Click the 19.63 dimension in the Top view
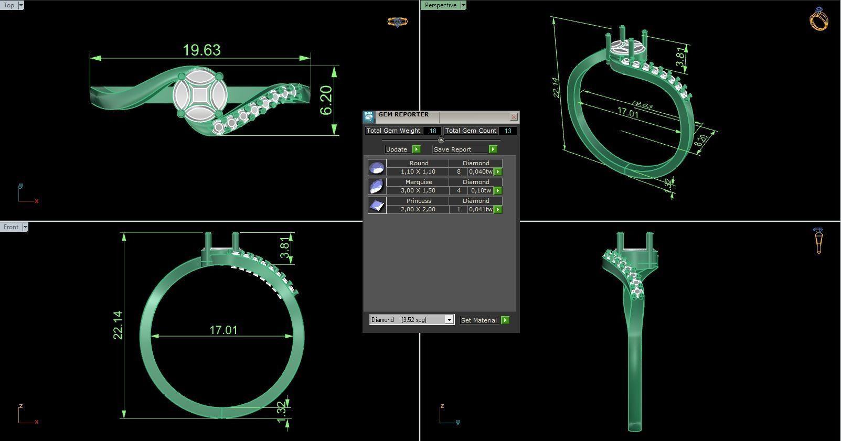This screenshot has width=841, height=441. click(x=201, y=50)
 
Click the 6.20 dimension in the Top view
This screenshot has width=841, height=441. click(x=326, y=100)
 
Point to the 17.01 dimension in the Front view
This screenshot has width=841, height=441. click(x=223, y=330)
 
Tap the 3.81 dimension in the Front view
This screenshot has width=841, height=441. click(x=285, y=248)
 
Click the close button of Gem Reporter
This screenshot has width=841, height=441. click(x=514, y=116)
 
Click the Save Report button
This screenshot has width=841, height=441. click(x=464, y=149)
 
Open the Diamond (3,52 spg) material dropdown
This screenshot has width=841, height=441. click(x=449, y=320)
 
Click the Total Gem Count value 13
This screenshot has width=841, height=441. click(x=507, y=131)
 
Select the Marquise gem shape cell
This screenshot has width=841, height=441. click(x=418, y=182)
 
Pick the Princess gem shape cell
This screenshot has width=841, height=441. click(x=418, y=201)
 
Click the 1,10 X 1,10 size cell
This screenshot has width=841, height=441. click(x=418, y=171)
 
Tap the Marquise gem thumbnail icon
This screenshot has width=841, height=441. click(x=377, y=186)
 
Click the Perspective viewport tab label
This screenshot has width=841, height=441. click(x=441, y=5)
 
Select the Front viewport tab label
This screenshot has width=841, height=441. click(x=11, y=227)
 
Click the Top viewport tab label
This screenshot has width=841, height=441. click(x=9, y=5)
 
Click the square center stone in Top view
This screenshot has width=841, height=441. click(x=199, y=96)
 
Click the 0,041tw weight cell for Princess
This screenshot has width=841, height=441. click(x=481, y=209)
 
